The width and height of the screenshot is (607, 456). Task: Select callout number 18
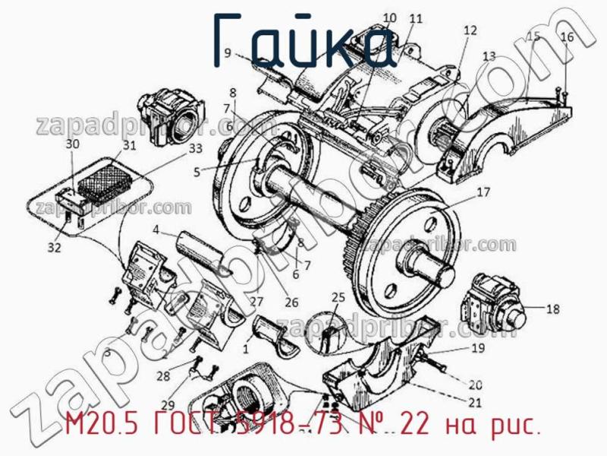(x=552, y=309)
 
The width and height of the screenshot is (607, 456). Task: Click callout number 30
(x=72, y=144)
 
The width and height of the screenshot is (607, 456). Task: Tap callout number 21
(x=476, y=402)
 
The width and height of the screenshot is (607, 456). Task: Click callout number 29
(x=167, y=404)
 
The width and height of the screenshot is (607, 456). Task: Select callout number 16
(x=568, y=36)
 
